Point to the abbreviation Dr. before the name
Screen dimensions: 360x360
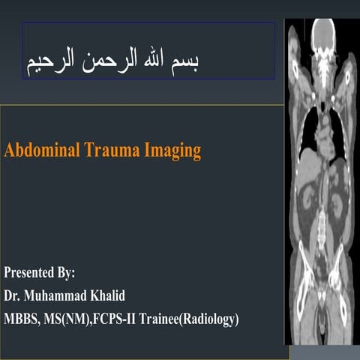(13, 295)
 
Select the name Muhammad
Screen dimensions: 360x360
(59, 295)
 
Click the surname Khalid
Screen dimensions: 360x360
(120, 295)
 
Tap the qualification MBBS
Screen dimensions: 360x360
(24, 319)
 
